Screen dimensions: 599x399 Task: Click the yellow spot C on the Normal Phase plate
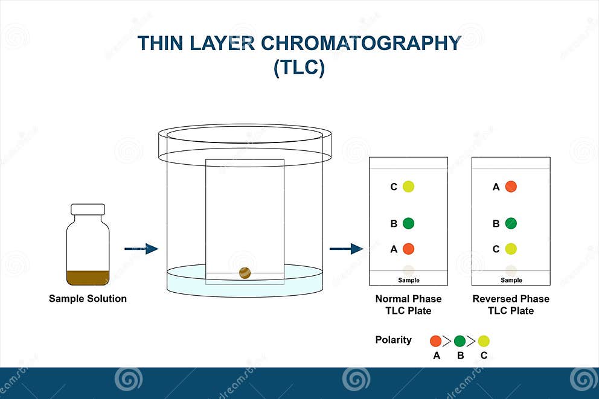click(x=408, y=187)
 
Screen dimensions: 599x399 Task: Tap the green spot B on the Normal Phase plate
click(x=408, y=223)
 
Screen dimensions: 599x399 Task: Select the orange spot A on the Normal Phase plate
click(x=408, y=249)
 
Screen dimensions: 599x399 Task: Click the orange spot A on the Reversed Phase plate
click(x=511, y=187)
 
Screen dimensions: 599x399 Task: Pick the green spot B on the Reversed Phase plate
click(x=511, y=223)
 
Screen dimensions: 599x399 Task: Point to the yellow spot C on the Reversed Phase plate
click(x=511, y=249)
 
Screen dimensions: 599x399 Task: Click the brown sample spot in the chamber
click(x=245, y=273)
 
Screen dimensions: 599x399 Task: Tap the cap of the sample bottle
click(x=88, y=209)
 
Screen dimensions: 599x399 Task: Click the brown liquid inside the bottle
click(x=88, y=278)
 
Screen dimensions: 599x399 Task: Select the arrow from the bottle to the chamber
click(x=141, y=249)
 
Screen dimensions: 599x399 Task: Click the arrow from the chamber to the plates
click(x=347, y=249)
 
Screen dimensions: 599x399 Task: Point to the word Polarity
click(x=394, y=340)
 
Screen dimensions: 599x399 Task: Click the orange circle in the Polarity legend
click(x=436, y=341)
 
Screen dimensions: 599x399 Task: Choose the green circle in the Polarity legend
click(x=460, y=341)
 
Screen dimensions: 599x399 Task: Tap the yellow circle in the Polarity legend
click(x=484, y=341)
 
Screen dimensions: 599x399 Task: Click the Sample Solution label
click(x=88, y=299)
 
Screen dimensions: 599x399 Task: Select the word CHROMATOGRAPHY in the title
click(x=361, y=43)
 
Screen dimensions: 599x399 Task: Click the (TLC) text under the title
click(x=299, y=68)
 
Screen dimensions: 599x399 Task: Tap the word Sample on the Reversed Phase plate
click(x=511, y=280)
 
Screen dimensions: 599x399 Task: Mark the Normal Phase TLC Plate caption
click(x=408, y=305)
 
